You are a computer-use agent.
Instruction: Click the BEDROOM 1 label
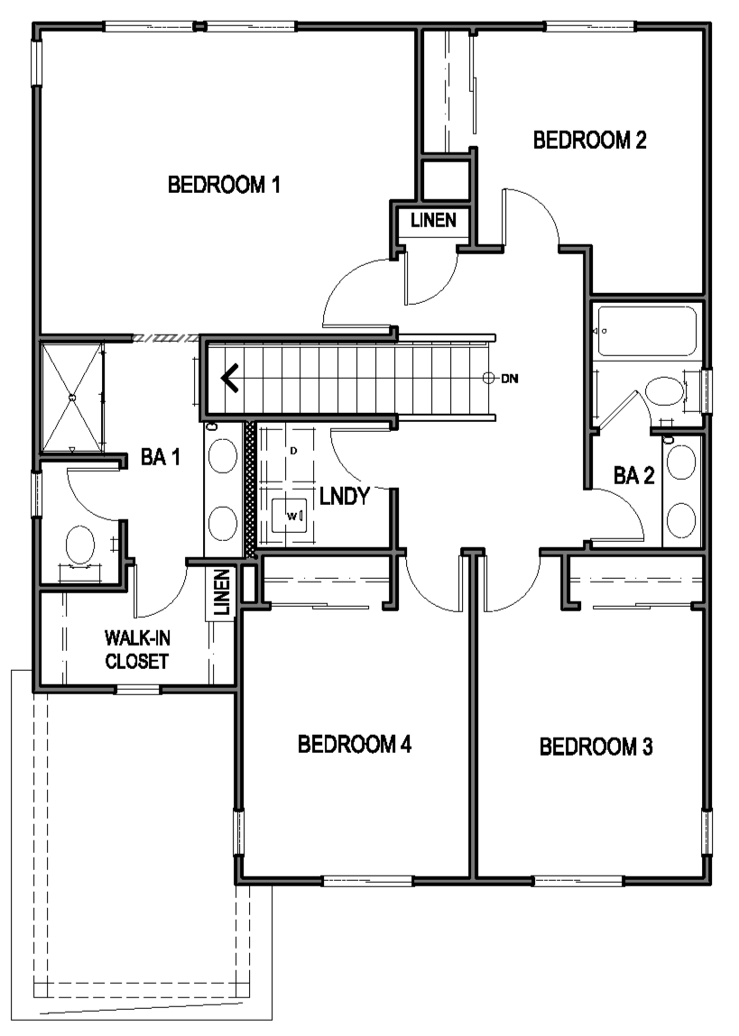224,184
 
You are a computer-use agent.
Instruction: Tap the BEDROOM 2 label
589,140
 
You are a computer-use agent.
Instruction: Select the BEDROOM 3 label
596,747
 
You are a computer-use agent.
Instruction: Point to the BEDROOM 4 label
355,744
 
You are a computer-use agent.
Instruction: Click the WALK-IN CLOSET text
137,649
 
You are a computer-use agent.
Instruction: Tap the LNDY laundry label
345,496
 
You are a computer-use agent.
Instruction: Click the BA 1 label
160,456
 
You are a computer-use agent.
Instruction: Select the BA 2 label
634,475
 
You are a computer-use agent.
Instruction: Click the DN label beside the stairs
510,379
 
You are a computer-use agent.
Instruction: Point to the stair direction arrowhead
229,379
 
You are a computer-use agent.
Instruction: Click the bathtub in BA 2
646,331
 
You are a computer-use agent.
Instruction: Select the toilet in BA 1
80,546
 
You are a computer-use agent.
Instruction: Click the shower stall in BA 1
72,397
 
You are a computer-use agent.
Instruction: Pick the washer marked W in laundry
290,516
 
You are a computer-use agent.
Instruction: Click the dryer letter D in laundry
293,451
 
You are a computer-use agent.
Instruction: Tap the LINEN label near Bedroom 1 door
434,220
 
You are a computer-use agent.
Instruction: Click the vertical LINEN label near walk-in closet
221,592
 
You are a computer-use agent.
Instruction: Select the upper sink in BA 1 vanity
223,456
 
